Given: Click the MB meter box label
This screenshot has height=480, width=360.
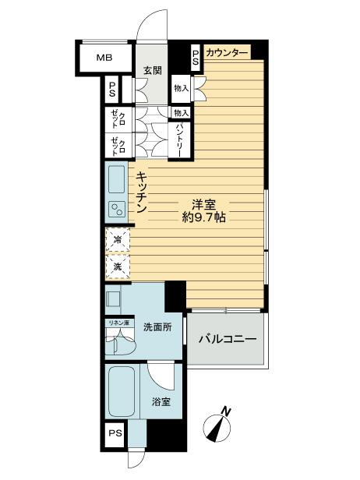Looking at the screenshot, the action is point(104,58).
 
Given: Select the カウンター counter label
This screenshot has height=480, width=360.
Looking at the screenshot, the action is point(227,53).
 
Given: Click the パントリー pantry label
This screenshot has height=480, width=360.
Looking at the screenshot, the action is point(179,140).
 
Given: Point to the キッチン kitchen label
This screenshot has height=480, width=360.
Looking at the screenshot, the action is point(141,192).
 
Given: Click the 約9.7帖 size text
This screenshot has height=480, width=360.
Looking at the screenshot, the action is point(204,217).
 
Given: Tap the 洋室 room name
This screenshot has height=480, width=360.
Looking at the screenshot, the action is point(204,204).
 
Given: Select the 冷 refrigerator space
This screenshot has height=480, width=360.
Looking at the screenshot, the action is point(118,240).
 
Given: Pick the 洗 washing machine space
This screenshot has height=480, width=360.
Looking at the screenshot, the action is point(118,266).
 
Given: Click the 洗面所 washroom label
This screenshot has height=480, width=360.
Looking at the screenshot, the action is point(157,327).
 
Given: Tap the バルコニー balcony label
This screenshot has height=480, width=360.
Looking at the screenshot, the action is point(228,339).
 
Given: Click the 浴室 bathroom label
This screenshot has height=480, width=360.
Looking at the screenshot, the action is point(161,401).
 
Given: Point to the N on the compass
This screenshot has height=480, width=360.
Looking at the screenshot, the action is point(226,411).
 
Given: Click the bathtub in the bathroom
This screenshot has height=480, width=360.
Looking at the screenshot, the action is point(122,391).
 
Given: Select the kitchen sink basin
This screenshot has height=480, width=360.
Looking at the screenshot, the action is point(117,179).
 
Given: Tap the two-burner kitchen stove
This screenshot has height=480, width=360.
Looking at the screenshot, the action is point(117,210).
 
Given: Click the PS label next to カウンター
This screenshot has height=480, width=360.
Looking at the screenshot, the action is point(196,58).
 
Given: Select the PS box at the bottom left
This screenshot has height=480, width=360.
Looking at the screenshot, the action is point(115,433).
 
